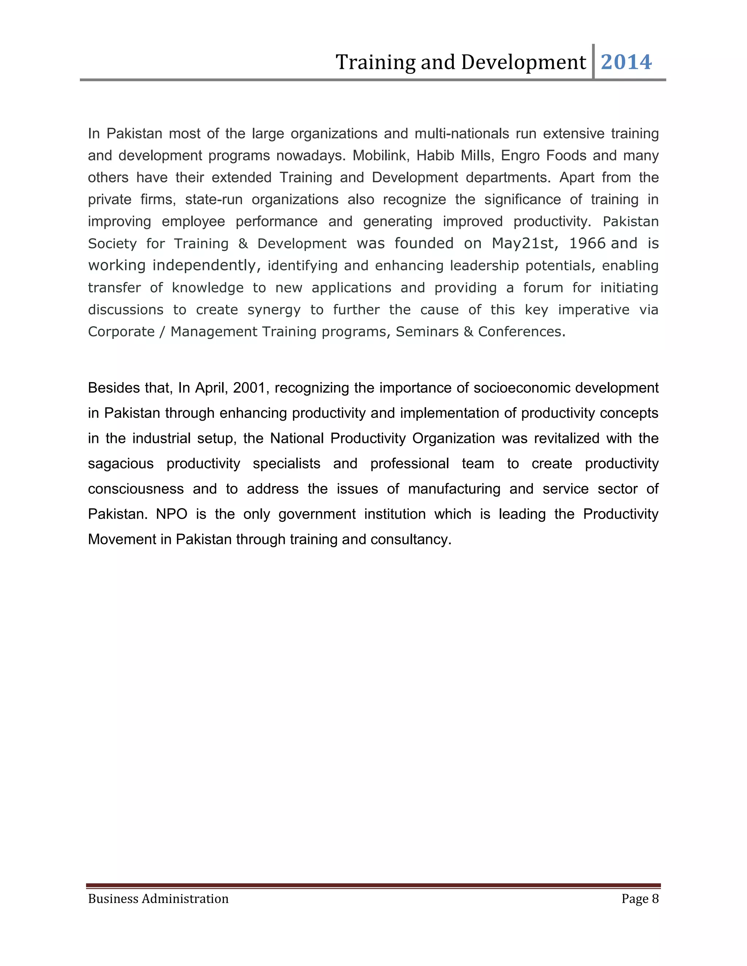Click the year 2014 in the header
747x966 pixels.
(x=626, y=62)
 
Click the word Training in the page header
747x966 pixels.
(x=375, y=62)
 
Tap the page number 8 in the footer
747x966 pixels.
(x=655, y=899)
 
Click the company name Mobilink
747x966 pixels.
(x=379, y=156)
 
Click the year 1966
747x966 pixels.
(x=587, y=243)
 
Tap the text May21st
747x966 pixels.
(x=522, y=243)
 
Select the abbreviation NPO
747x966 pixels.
(x=172, y=514)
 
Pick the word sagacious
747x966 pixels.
(x=120, y=464)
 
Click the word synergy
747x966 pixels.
(x=274, y=309)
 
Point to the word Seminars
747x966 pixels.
(x=427, y=332)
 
